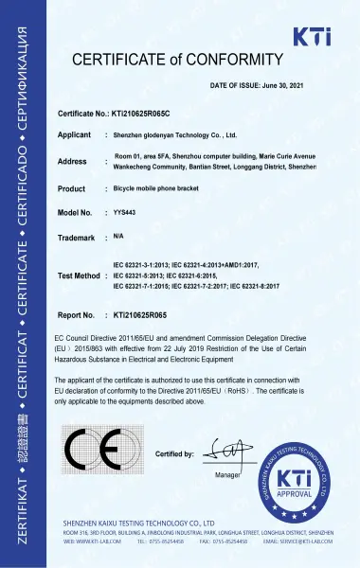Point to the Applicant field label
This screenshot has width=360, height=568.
click(75, 134)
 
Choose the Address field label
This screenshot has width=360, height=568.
click(72, 161)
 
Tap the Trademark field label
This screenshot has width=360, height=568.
click(77, 238)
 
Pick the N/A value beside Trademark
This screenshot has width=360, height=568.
click(118, 236)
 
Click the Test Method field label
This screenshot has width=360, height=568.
click(79, 275)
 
